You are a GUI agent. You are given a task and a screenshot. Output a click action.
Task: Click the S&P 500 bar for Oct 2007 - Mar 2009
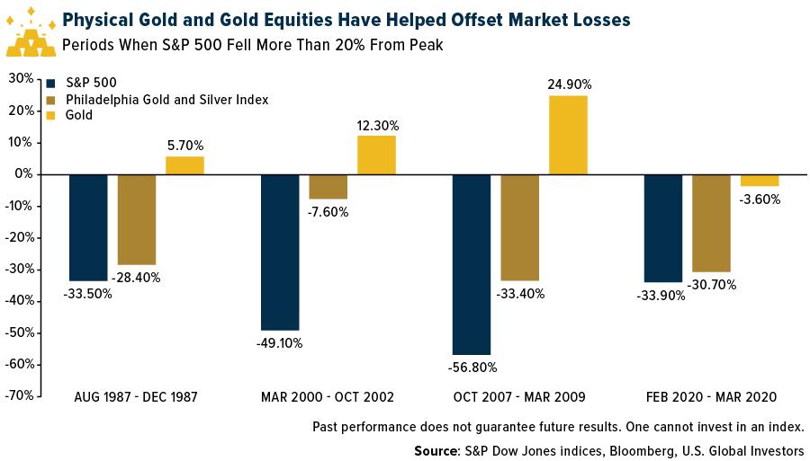click(x=472, y=264)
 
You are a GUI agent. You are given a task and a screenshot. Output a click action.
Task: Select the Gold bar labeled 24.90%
click(x=568, y=135)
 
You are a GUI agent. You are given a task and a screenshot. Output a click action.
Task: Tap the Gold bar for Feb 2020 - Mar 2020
click(x=760, y=180)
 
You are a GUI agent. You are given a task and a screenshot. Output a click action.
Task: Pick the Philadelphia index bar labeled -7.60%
click(x=328, y=186)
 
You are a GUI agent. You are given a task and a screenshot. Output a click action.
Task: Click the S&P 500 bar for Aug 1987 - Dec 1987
click(x=88, y=227)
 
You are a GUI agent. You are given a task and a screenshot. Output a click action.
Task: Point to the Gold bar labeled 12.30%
click(x=376, y=155)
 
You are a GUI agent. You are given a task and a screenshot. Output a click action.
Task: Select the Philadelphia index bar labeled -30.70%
click(x=711, y=223)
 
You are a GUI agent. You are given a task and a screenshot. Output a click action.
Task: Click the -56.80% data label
click(x=472, y=367)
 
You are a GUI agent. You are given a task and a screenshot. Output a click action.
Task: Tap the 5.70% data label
click(x=184, y=144)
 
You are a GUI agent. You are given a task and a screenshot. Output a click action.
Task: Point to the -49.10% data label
click(x=280, y=342)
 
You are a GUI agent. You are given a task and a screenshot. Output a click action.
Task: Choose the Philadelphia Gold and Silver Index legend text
click(x=167, y=99)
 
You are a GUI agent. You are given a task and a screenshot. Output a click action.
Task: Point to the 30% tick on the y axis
click(x=21, y=78)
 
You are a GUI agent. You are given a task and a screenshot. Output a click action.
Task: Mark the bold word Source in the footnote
click(x=435, y=450)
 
